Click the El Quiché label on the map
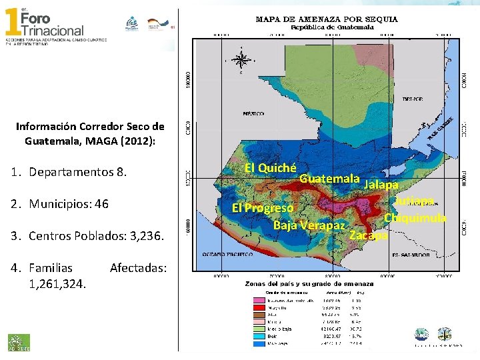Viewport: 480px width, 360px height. click(x=270, y=167)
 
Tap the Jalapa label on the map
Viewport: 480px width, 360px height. click(x=382, y=185)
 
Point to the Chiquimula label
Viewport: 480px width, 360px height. click(x=415, y=218)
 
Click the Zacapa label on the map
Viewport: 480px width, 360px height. click(x=368, y=235)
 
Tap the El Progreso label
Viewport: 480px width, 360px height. click(x=262, y=208)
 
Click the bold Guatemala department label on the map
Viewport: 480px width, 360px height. click(x=329, y=179)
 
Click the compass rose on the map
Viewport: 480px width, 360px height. click(x=240, y=60)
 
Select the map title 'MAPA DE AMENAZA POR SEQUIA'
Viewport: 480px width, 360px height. click(x=327, y=19)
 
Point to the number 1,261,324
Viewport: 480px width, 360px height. click(x=57, y=284)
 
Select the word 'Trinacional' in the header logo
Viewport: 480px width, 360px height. click(x=53, y=30)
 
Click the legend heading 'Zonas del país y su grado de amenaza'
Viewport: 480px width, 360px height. click(x=319, y=283)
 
